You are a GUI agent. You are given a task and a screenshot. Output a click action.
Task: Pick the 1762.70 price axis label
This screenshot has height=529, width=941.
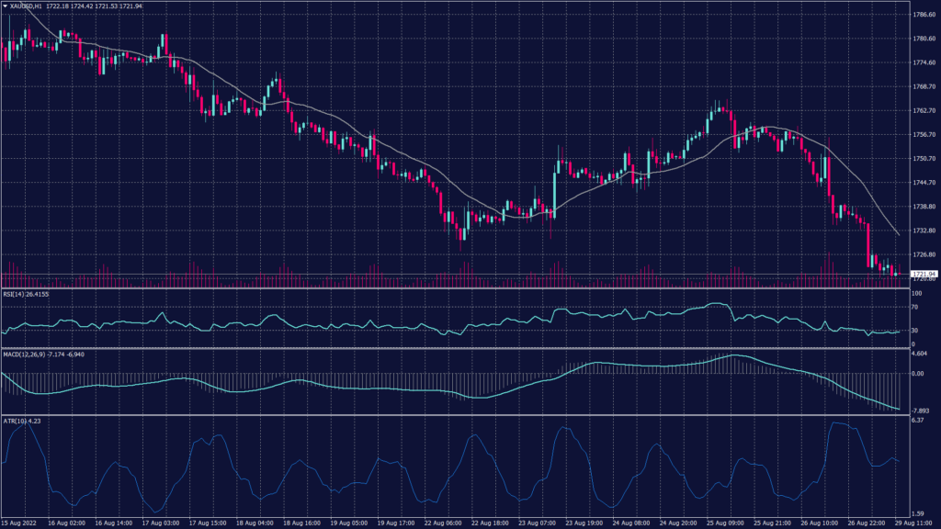click(x=923, y=111)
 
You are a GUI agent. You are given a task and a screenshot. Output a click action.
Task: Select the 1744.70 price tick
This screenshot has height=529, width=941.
click(x=923, y=183)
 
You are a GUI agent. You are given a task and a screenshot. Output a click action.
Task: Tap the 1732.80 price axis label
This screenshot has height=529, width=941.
click(x=923, y=231)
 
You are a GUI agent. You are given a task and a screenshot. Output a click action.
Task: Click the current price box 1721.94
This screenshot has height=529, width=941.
click(x=924, y=274)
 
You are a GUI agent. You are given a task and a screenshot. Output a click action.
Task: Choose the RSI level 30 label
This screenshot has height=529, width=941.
click(x=914, y=331)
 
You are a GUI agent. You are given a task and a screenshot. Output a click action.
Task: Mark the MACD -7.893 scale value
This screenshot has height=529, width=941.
click(x=920, y=411)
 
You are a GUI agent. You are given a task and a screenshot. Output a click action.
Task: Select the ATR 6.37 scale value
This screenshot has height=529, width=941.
click(x=916, y=421)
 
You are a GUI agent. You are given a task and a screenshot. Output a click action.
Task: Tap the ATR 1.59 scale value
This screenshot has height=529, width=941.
click(x=916, y=514)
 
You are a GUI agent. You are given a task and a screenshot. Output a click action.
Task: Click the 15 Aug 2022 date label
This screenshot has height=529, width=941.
click(x=21, y=523)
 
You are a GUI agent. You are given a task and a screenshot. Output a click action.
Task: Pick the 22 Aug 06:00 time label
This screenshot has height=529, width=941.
click(x=443, y=523)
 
